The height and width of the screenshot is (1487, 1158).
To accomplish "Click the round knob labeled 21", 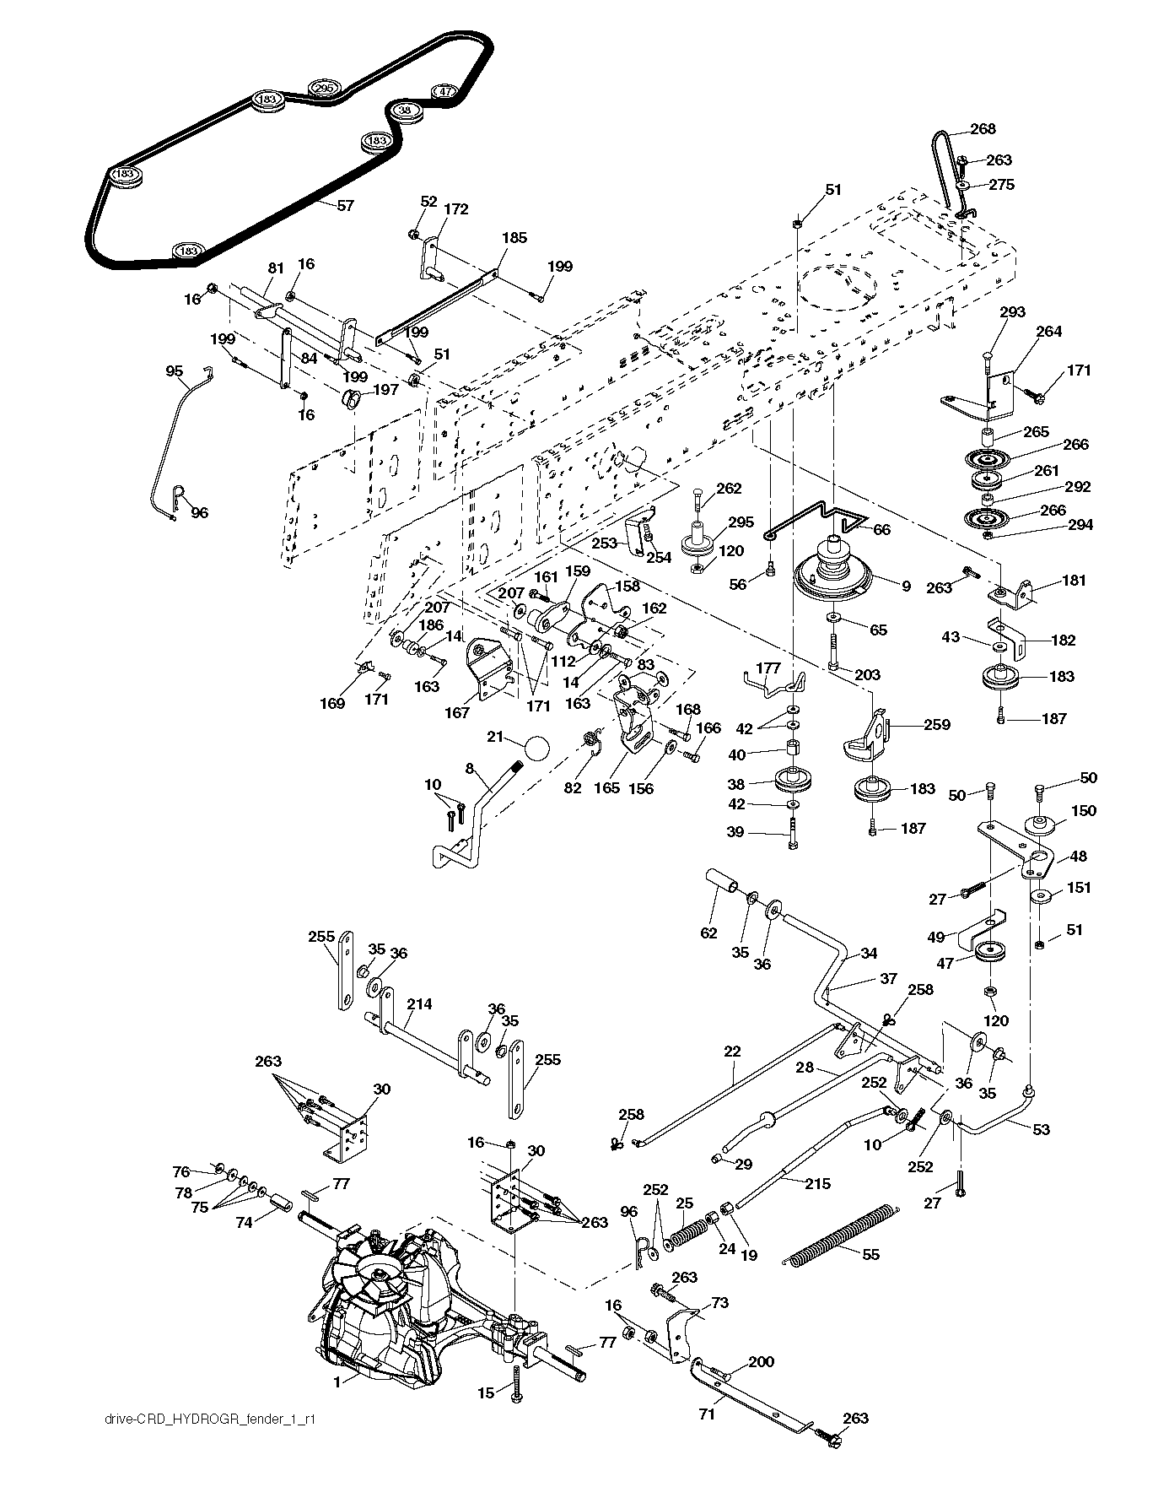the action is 536,748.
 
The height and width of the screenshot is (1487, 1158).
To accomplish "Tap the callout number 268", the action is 983,129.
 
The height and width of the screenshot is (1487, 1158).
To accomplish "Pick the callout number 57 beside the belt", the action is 345,205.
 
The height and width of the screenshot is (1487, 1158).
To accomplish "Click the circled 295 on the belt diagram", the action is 324,89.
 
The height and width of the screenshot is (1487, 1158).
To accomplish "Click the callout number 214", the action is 419,1004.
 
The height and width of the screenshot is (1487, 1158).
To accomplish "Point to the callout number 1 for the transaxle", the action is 337,1382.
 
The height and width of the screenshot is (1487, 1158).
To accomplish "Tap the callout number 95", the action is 175,370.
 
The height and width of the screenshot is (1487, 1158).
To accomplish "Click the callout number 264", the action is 1048,332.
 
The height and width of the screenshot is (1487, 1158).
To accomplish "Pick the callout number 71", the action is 707,1414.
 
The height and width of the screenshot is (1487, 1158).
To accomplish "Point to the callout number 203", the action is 867,674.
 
